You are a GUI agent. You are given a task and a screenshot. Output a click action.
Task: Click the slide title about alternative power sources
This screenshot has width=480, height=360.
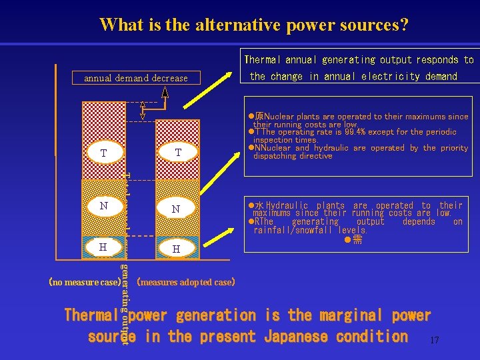tap(254, 25)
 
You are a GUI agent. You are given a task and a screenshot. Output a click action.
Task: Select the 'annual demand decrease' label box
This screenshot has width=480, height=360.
tap(136, 78)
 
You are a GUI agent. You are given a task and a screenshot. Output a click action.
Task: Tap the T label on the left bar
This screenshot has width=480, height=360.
tap(103, 153)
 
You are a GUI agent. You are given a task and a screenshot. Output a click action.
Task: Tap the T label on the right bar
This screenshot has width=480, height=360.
tap(177, 153)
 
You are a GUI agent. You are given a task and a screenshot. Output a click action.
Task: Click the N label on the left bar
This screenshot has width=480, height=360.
tap(103, 206)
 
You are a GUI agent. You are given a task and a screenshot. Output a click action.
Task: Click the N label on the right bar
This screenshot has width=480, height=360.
tap(176, 209)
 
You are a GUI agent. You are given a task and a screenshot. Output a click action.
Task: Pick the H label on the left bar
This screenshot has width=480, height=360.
tap(103, 247)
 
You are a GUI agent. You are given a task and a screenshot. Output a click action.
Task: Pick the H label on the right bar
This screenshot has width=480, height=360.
tap(176, 249)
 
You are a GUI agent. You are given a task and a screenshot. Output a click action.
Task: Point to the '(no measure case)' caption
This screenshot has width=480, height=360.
tap(84, 282)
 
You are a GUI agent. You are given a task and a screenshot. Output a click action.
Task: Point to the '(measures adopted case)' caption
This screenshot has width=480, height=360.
tap(185, 282)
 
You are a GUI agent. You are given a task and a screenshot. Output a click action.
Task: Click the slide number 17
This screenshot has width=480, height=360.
tap(435, 341)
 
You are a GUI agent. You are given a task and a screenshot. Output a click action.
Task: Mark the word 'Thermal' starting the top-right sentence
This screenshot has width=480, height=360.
tap(266, 61)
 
